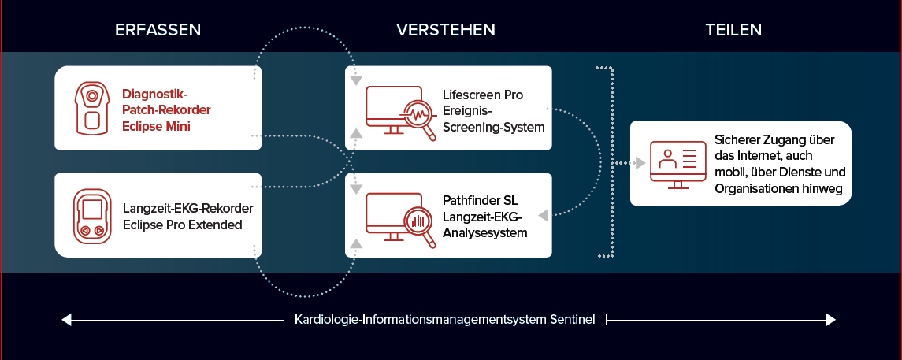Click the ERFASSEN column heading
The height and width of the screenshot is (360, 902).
pos(158,30)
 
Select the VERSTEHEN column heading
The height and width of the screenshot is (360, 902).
pos(446,30)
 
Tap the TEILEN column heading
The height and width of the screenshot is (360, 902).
pos(733,30)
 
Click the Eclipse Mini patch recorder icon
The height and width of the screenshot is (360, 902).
pos(91,108)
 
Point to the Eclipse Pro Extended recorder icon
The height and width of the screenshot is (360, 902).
pos(91,216)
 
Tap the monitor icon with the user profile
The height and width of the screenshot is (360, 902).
pos(677,165)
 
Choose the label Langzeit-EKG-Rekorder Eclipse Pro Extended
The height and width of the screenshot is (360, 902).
pos(188,216)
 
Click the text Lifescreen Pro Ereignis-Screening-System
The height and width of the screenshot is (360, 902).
pos(494,111)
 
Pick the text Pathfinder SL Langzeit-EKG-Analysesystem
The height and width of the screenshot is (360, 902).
pos(485,217)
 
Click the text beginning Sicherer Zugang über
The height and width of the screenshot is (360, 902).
pos(779,165)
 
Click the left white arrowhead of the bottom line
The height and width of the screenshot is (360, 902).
pos(66,319)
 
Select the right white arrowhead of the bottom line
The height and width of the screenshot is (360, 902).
pos(830,319)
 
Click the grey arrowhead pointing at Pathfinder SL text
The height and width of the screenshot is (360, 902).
pos(543,215)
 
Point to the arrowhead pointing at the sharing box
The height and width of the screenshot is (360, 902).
pos(639,163)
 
